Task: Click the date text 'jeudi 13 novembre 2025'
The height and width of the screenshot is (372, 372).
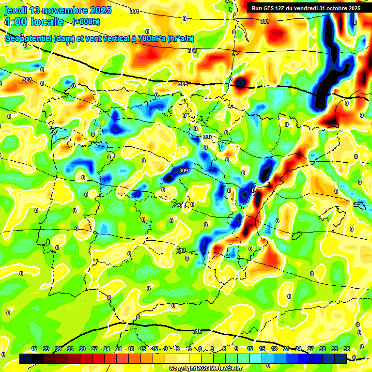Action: pos(58,10)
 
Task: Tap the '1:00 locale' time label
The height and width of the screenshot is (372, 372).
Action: pos(34,22)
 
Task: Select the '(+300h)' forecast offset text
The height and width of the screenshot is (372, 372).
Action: pos(86,22)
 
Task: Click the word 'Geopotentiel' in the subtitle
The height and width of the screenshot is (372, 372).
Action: pos(28,39)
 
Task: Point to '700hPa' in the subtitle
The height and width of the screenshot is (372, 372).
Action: pos(150,39)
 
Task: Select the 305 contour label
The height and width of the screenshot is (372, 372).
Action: pos(183,84)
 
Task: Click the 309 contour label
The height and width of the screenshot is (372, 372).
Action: pos(184,170)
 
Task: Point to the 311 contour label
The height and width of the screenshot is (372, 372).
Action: pos(181,206)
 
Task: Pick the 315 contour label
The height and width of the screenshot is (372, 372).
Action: pos(197,331)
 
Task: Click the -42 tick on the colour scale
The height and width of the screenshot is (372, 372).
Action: pos(33,349)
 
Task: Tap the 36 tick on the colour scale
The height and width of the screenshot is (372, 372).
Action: pos(346,349)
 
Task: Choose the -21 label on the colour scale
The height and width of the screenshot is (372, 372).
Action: pos(118,349)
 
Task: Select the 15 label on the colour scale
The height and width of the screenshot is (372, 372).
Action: pos(262,349)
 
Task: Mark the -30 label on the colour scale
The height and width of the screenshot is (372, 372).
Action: pos(81,349)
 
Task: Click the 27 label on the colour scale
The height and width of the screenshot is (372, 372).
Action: pos(310,349)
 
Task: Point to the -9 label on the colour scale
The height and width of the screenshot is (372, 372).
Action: pos(166,349)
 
